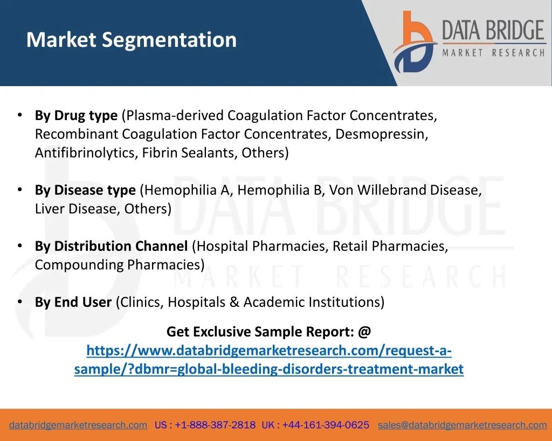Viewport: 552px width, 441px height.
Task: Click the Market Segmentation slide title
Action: [132, 40]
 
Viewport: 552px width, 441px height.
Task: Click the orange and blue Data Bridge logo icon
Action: [415, 41]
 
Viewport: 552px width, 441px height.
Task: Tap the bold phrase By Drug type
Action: [76, 116]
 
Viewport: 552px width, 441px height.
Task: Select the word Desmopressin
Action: [381, 134]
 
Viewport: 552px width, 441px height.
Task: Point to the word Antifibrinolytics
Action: [86, 152]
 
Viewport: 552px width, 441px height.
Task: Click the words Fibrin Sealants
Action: [189, 152]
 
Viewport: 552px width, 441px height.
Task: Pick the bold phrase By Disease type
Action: [85, 190]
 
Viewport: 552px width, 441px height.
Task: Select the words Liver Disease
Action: [77, 208]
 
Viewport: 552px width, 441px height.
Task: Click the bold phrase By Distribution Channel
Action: [111, 246]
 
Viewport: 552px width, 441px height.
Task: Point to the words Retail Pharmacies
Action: [390, 246]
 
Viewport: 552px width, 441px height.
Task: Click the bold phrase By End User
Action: [73, 302]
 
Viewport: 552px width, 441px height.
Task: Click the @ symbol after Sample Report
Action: [364, 332]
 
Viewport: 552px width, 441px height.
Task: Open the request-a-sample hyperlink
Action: [269, 360]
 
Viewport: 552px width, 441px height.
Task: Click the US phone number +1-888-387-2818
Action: [215, 425]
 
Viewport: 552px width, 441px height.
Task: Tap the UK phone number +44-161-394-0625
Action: [326, 425]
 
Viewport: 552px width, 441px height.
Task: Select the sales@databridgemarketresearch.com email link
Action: [462, 425]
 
